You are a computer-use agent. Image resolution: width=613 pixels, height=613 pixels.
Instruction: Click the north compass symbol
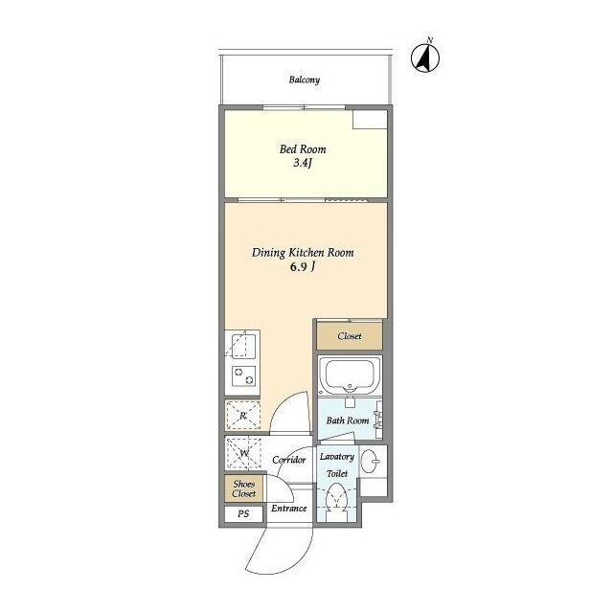(x=425, y=57)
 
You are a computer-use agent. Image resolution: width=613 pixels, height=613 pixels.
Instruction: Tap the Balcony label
(x=305, y=79)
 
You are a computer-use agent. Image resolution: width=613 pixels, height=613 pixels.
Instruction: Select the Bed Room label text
(x=303, y=149)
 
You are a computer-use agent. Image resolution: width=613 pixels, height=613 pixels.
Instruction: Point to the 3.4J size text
(x=303, y=163)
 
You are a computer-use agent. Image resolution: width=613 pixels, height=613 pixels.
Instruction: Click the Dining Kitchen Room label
(x=303, y=253)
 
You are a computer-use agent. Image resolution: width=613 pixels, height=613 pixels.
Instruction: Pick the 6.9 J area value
(x=303, y=266)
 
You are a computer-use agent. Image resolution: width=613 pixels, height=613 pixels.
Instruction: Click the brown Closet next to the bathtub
(x=349, y=336)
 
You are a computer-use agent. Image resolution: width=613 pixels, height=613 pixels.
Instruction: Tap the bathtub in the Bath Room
(x=350, y=375)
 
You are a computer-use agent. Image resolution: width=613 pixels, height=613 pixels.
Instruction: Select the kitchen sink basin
(x=238, y=346)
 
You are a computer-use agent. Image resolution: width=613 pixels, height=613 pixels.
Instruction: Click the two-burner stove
(x=243, y=375)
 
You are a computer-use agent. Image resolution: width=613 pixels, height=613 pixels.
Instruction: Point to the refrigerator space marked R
(x=242, y=415)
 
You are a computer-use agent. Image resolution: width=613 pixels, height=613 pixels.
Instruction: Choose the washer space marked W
(x=243, y=453)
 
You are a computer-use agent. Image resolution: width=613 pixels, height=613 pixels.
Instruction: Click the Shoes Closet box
(x=243, y=488)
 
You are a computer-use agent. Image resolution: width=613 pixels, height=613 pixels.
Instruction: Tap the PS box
(x=243, y=513)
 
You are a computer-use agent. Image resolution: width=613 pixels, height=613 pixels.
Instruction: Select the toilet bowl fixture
(x=336, y=499)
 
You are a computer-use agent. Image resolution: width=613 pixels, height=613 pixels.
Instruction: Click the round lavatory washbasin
(x=370, y=461)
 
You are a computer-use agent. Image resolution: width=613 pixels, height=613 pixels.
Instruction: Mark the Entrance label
(x=289, y=509)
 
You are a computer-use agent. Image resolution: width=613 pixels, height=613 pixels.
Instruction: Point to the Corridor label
(x=289, y=460)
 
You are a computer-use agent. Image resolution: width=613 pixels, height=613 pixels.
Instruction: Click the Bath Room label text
(x=348, y=420)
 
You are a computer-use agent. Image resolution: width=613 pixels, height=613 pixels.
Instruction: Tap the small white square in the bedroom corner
(x=370, y=119)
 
